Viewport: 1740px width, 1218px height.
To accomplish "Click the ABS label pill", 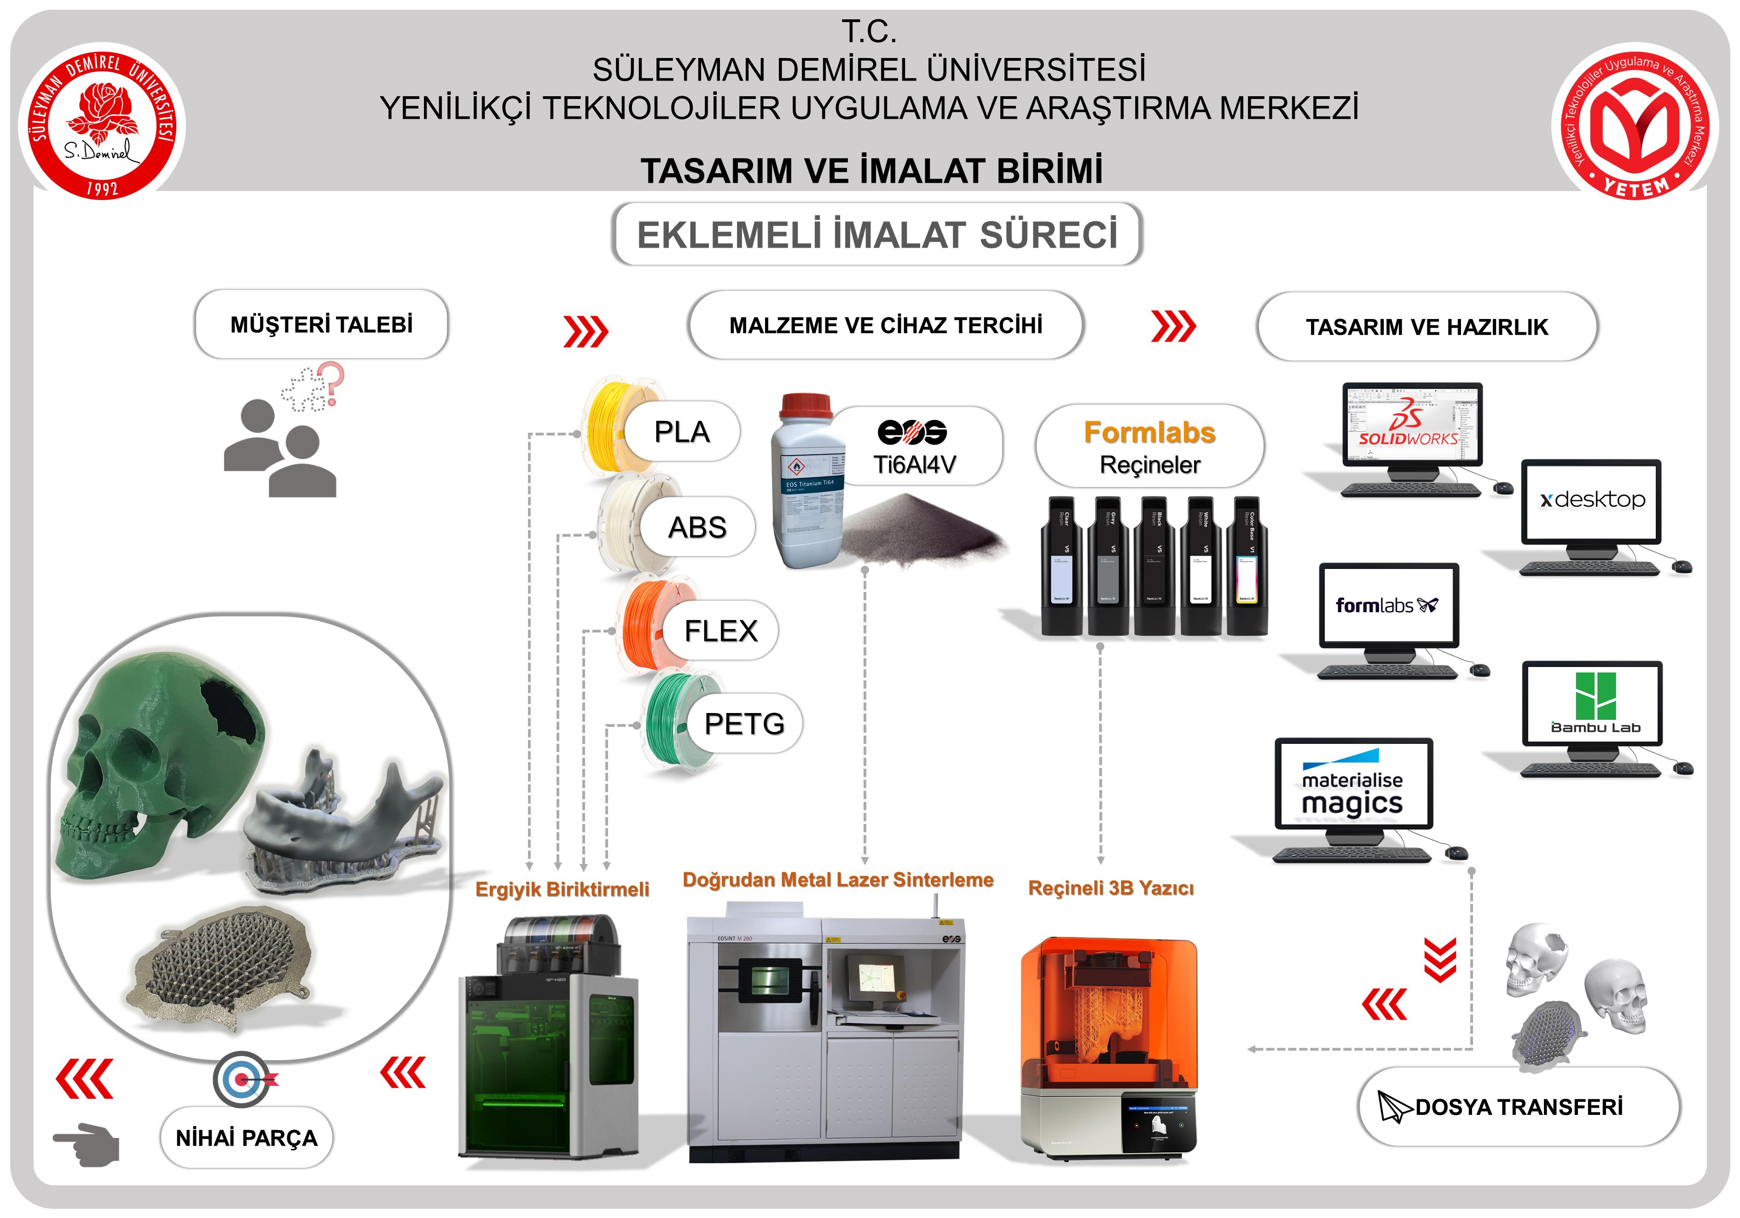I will (x=697, y=527).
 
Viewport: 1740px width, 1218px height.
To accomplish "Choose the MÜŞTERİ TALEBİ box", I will (x=321, y=325).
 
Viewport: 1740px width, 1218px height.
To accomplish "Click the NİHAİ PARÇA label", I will (x=246, y=1137).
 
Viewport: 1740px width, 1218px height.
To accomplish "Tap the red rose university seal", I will (x=102, y=121).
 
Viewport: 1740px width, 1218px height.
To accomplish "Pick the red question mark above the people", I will (x=331, y=381).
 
